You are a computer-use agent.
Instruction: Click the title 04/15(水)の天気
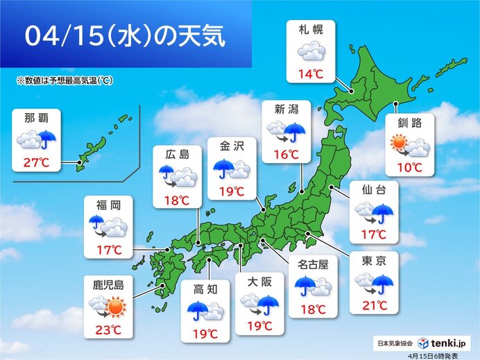coord(125,36)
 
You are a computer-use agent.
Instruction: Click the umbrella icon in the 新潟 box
coord(295,130)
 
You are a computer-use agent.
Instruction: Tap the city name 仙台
coord(374,189)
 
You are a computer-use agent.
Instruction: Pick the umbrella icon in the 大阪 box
coord(267,302)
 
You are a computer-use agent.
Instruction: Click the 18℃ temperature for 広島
coord(176,200)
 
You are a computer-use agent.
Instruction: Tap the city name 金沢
coord(232,148)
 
